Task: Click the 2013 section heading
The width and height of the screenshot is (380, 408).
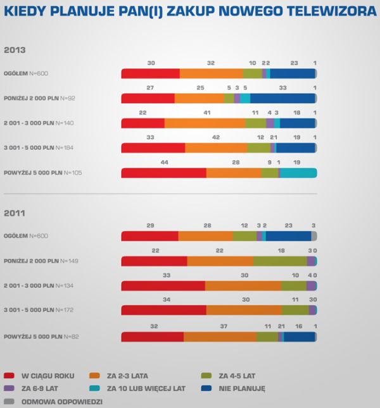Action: coord(15,49)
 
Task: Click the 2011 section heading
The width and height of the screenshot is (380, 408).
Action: coord(15,213)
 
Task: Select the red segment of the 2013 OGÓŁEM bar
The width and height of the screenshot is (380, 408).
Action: coord(150,73)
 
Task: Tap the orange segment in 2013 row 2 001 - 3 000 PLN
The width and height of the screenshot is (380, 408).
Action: coord(205,123)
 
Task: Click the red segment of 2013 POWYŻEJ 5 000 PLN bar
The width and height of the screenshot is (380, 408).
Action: coord(163,173)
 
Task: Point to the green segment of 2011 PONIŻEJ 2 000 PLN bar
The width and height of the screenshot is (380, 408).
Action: coord(280,261)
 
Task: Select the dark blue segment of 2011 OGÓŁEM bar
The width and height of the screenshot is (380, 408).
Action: coord(288,236)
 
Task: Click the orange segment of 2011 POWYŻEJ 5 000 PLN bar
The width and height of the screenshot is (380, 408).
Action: coord(220,336)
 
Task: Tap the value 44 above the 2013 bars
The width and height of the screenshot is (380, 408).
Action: coord(164,162)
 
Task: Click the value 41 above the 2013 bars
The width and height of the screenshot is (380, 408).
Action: coord(207,113)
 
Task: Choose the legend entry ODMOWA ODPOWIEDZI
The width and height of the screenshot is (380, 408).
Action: coord(61,401)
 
